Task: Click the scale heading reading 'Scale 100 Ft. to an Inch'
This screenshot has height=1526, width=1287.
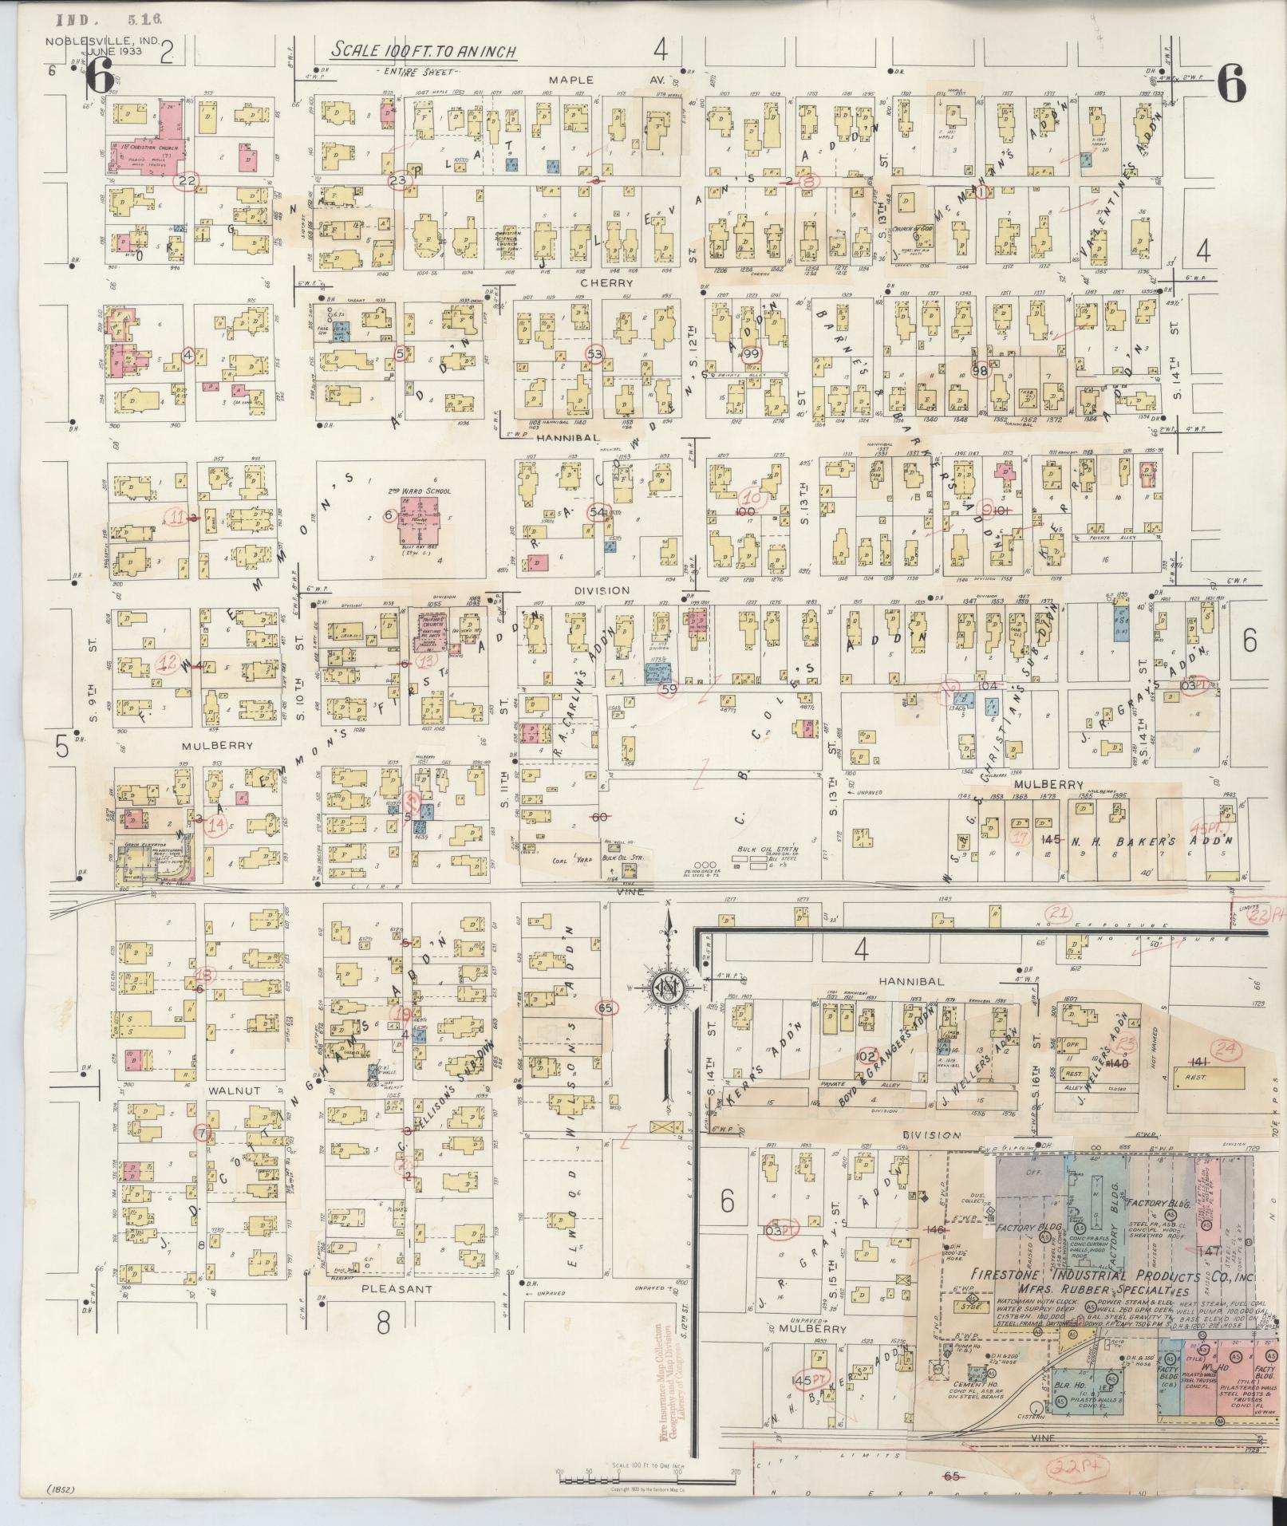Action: coord(424,52)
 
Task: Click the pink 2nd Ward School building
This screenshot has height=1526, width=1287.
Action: coord(420,519)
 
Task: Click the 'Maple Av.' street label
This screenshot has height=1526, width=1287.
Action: coord(571,80)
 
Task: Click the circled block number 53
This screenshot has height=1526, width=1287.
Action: coord(594,353)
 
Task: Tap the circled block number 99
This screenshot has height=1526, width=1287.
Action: coord(750,353)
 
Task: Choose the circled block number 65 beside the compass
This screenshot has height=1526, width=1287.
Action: coord(605,1007)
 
